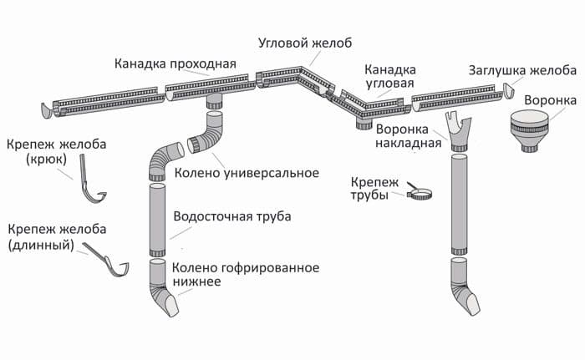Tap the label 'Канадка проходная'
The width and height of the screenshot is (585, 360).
point(175,63)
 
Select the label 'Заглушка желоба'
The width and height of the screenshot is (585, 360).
point(522,69)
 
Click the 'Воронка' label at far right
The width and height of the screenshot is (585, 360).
point(549,101)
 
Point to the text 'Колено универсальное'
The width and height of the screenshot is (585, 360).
point(247,174)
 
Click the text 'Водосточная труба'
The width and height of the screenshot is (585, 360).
point(231,216)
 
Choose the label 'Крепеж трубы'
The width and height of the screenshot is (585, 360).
point(373,188)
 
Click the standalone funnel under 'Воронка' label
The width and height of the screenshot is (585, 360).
point(535,132)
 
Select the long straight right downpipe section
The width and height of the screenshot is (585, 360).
point(459,200)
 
